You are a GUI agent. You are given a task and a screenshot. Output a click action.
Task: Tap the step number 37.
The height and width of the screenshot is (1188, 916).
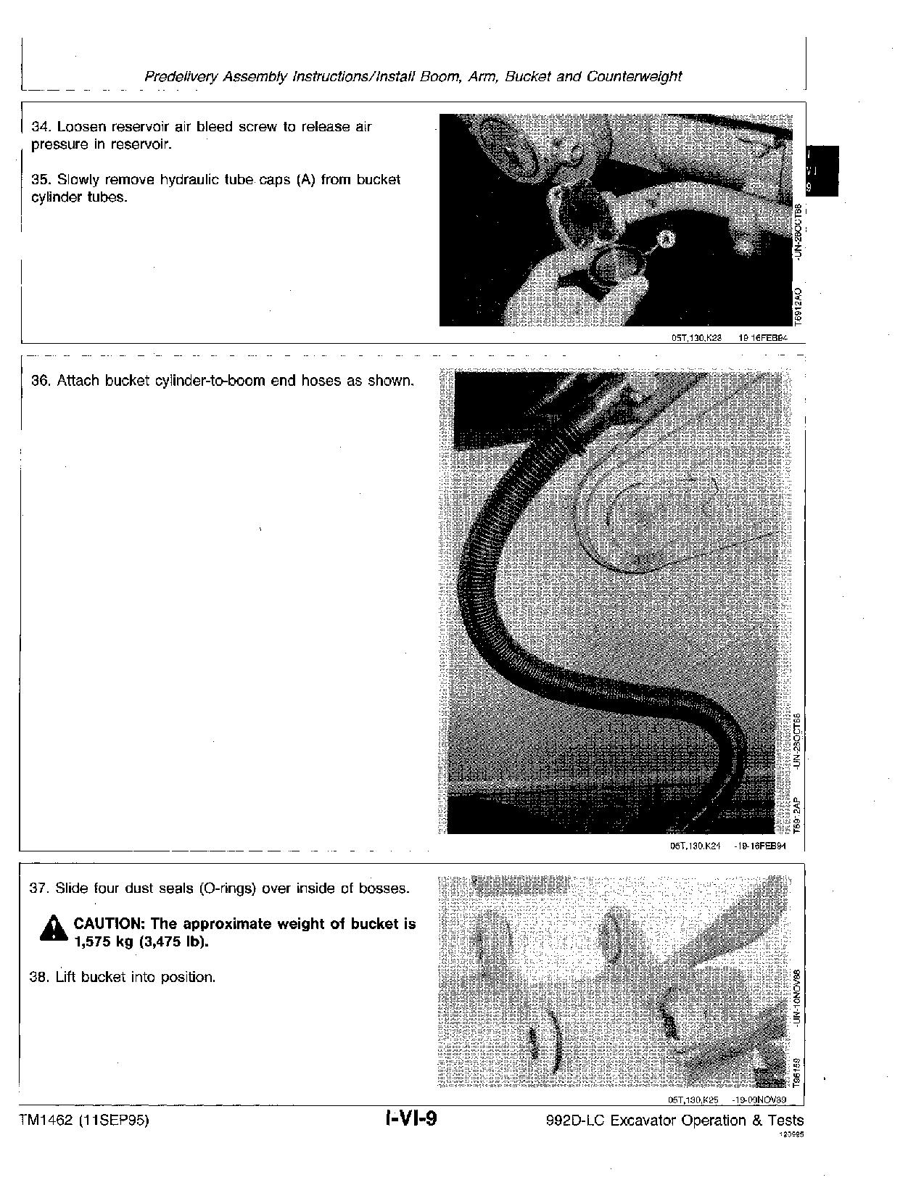tap(38, 888)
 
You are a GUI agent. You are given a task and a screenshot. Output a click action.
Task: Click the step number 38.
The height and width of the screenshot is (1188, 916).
tap(38, 977)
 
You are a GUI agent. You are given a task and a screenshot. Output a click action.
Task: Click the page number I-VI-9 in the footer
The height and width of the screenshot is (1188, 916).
tap(411, 1119)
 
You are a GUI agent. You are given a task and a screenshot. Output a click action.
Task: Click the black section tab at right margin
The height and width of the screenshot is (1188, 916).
tap(822, 170)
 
